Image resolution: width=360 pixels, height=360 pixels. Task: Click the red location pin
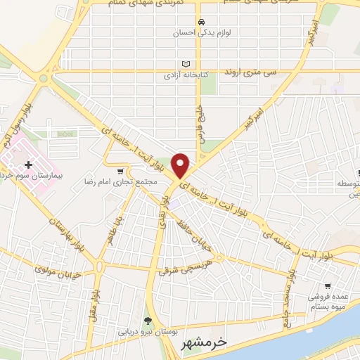pyautogui.click(x=181, y=165)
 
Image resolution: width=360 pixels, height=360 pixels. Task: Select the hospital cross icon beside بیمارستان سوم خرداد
pyautogui.click(x=29, y=164)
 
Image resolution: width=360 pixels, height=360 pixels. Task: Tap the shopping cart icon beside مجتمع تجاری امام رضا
pyautogui.click(x=120, y=171)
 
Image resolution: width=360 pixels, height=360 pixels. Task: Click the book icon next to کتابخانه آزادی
pyautogui.click(x=186, y=63)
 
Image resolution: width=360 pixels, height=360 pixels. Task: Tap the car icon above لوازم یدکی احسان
pyautogui.click(x=201, y=22)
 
